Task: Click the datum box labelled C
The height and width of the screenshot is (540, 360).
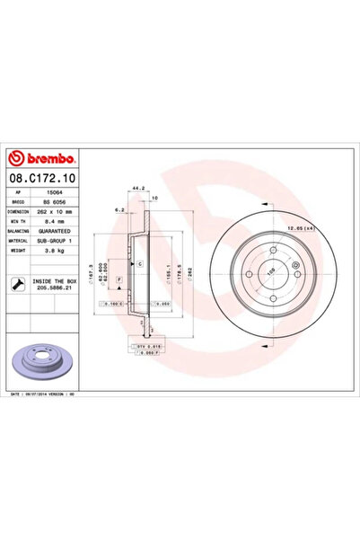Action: tap(141, 262)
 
